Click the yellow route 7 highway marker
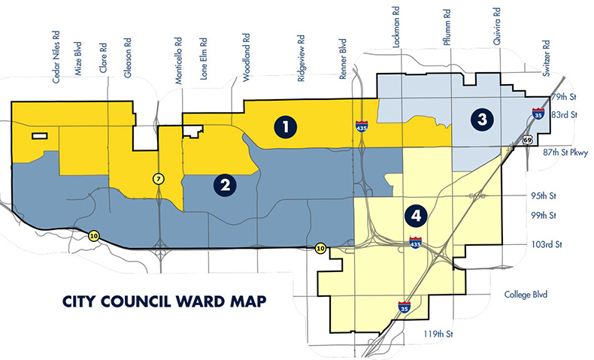[x=158, y=178]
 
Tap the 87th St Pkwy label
[x=558, y=151]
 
